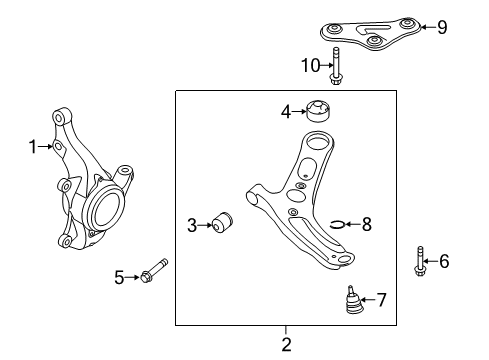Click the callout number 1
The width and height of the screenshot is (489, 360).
coord(32,147)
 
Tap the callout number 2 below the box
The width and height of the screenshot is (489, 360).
coord(286,344)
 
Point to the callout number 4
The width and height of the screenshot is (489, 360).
coord(284,112)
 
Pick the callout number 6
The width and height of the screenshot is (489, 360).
coord(444,262)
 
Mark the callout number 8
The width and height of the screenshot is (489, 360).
coord(366,224)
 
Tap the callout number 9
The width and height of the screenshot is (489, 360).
coord(442,27)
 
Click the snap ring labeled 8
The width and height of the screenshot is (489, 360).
coord(338,224)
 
